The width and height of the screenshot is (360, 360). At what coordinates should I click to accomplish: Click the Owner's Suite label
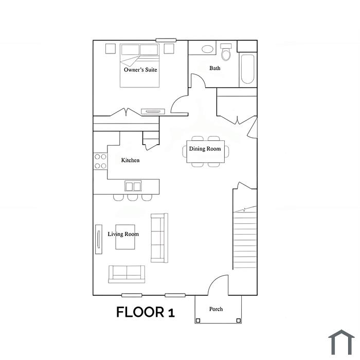[x=140, y=69]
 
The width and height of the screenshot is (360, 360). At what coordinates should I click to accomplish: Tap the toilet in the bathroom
[x=226, y=52]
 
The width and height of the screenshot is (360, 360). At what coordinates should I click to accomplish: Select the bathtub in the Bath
[x=248, y=69]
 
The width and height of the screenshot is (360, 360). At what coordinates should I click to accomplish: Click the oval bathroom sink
[x=207, y=49]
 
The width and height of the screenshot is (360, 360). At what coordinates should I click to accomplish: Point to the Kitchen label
[x=130, y=160]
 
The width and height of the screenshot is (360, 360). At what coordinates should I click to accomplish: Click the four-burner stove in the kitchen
[x=100, y=161]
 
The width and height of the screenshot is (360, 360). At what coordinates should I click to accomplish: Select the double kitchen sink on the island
[x=133, y=186]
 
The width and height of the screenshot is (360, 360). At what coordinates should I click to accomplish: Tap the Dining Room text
[x=205, y=149]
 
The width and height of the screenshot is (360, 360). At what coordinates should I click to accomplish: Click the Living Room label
[x=123, y=234]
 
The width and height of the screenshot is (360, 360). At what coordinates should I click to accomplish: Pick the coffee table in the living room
[x=125, y=237]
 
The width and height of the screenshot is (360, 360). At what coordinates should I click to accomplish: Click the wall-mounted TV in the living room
[x=99, y=239]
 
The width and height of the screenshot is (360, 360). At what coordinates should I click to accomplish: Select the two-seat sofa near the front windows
[x=127, y=274]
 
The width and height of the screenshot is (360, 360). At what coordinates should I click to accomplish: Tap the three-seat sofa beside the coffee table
[x=159, y=238]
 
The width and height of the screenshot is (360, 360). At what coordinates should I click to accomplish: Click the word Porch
[x=216, y=309]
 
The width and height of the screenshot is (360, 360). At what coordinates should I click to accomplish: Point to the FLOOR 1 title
[x=146, y=312]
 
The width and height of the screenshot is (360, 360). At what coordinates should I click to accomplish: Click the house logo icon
[x=341, y=342]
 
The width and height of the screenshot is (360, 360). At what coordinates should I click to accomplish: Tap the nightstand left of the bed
[x=111, y=49]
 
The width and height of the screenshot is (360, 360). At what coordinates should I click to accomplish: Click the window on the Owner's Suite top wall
[x=166, y=40]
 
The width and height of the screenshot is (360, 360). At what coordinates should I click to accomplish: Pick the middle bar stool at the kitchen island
[x=133, y=197]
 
